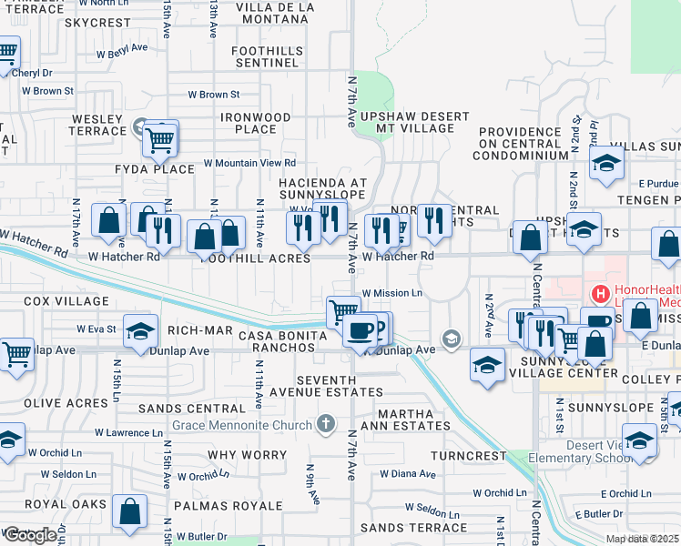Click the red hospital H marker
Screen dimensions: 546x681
click(600, 294)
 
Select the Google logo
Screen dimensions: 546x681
click(30, 535)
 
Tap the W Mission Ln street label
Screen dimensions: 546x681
click(392, 293)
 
